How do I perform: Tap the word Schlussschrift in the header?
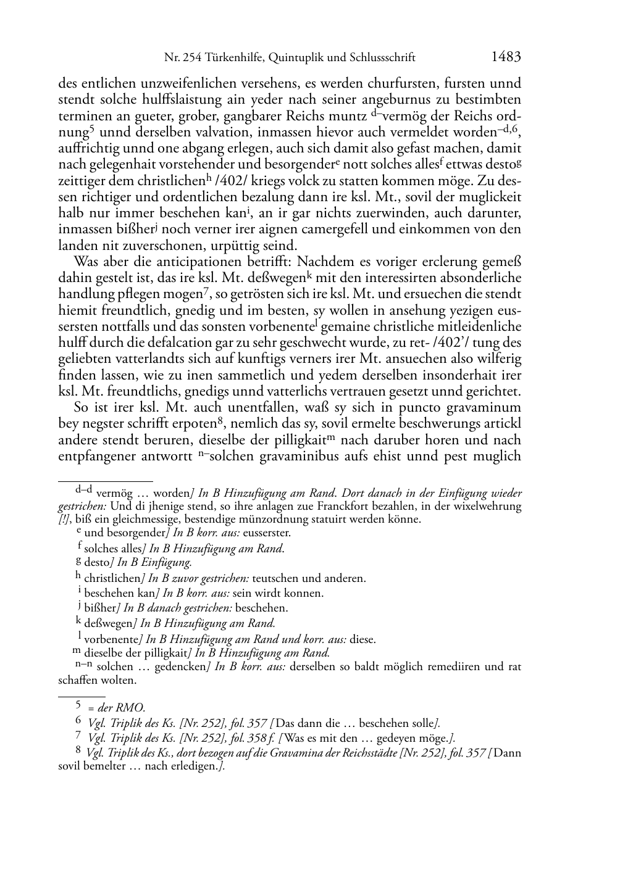383,58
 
